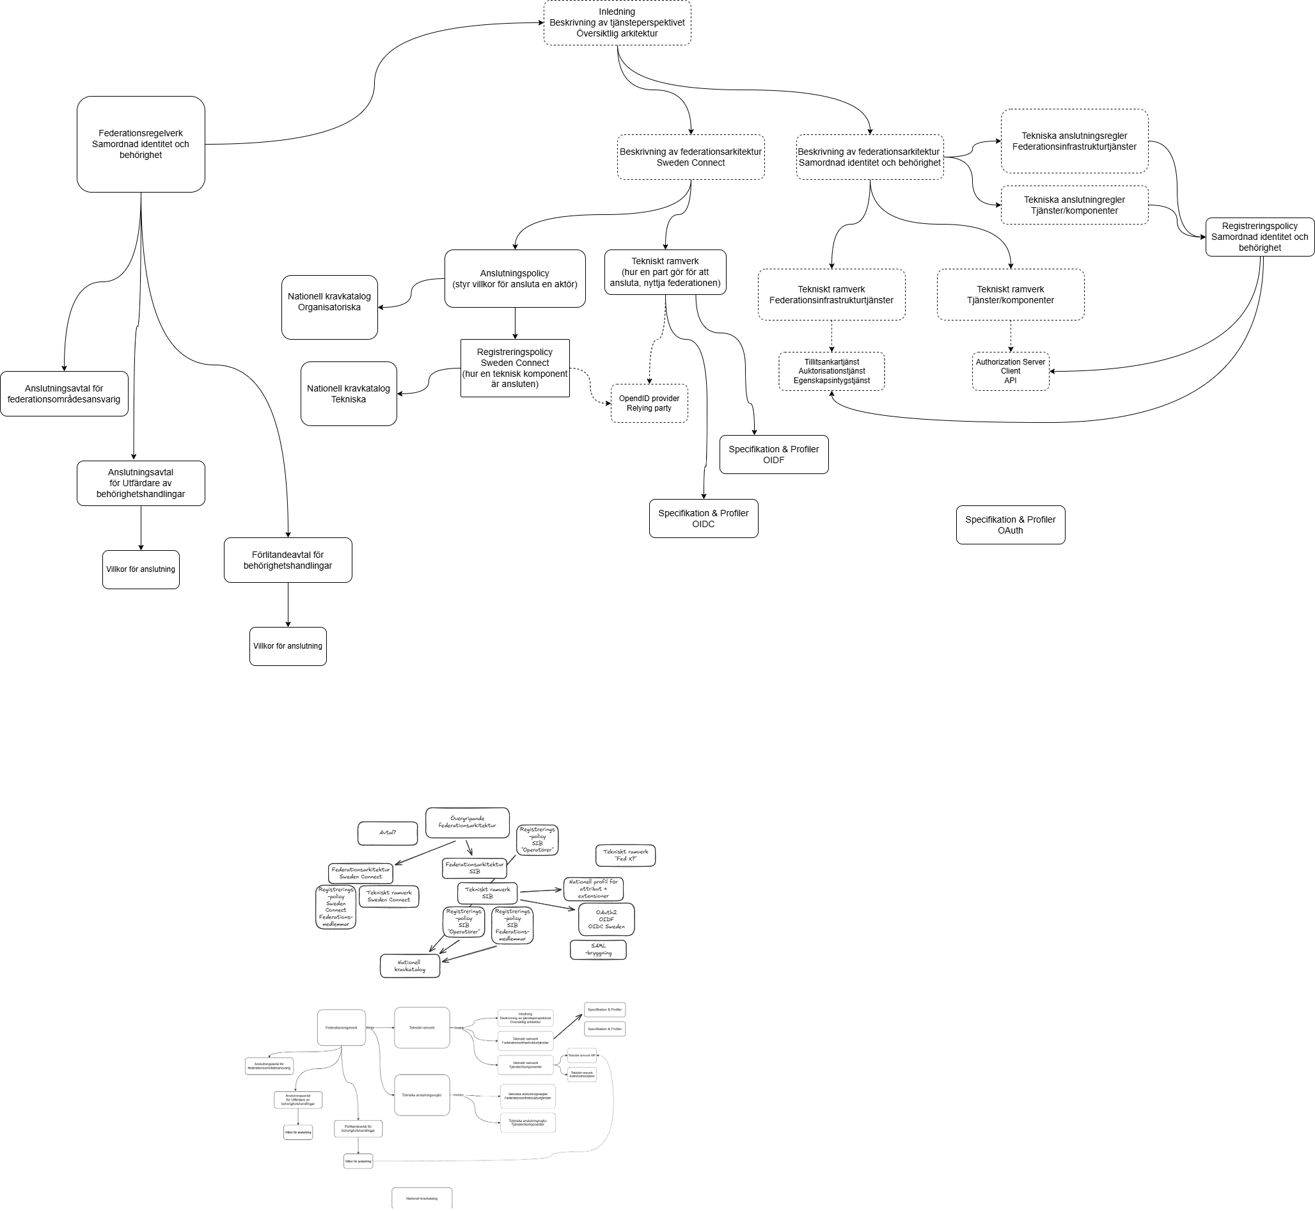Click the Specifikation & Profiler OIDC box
(x=703, y=518)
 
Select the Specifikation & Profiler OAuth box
(x=1010, y=525)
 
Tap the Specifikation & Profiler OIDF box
(x=773, y=454)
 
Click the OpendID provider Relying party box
(x=649, y=403)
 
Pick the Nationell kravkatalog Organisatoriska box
(x=329, y=306)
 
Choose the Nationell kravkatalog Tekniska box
(x=348, y=393)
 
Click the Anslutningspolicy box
(x=514, y=278)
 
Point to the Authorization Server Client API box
(x=1010, y=371)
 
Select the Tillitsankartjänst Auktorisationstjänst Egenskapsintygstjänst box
(x=831, y=371)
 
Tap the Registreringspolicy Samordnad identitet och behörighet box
(x=1259, y=237)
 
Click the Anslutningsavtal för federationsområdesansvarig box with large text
(x=63, y=393)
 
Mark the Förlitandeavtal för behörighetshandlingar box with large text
(x=288, y=560)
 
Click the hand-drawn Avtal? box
(x=387, y=833)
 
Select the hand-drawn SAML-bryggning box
(x=597, y=949)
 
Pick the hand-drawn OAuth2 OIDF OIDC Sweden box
(x=606, y=919)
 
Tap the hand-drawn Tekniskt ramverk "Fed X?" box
(x=625, y=855)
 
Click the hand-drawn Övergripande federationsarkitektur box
(x=467, y=823)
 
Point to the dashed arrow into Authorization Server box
(x=1011, y=335)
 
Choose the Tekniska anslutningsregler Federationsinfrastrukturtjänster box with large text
(x=1074, y=141)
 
